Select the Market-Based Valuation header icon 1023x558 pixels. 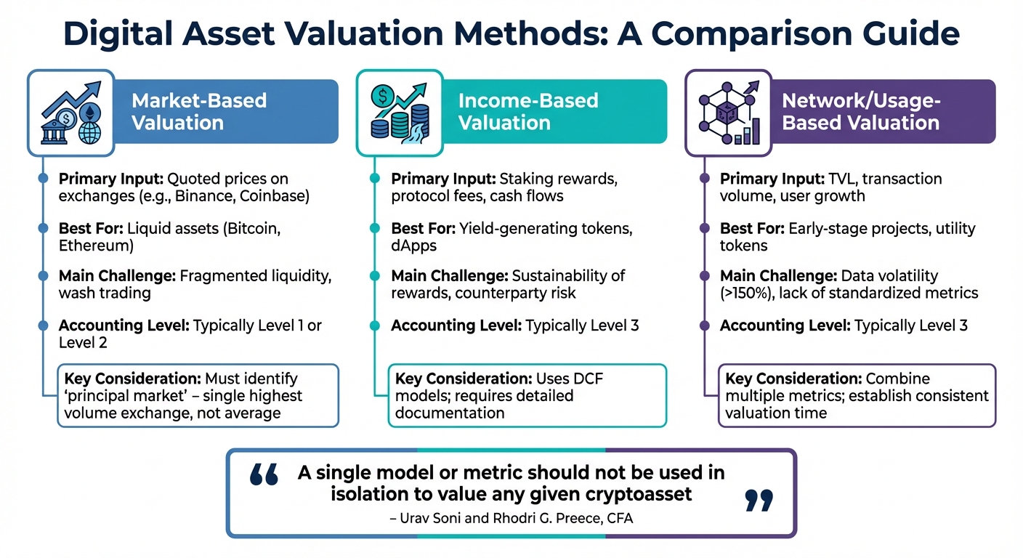click(x=70, y=113)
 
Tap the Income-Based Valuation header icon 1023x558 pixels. click(x=399, y=113)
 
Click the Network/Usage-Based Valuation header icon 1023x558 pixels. click(x=728, y=113)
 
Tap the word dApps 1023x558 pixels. click(x=414, y=246)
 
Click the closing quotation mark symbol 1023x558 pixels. click(x=759, y=501)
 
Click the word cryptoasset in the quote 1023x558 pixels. click(x=645, y=494)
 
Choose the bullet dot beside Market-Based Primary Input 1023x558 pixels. click(x=44, y=179)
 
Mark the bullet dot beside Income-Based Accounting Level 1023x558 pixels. click(x=374, y=325)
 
